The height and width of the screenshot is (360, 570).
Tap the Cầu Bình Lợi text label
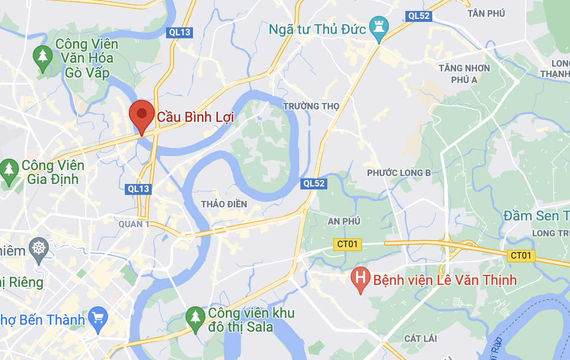[x=195, y=117]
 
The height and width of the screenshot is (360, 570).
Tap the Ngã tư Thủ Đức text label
[x=317, y=29]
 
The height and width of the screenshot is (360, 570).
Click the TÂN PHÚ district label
[x=486, y=13]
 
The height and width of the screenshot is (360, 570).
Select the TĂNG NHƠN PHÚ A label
[x=464, y=74]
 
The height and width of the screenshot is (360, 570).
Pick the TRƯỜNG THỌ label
[x=311, y=106]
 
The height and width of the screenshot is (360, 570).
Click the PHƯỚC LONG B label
[x=399, y=173]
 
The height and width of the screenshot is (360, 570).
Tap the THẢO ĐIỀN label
[x=224, y=204]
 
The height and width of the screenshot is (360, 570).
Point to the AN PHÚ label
[x=344, y=221]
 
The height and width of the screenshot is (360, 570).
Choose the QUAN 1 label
[x=134, y=224]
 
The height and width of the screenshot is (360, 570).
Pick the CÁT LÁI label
[x=420, y=339]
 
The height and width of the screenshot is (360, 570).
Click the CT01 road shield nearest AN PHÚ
[x=348, y=244]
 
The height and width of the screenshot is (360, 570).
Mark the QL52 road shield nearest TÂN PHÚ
[x=418, y=16]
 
